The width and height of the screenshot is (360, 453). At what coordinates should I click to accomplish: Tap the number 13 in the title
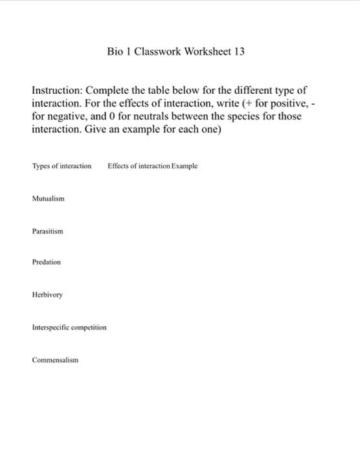(239, 51)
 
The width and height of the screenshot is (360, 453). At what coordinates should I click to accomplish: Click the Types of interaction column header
(62, 166)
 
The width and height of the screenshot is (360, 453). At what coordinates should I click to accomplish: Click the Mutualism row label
(48, 199)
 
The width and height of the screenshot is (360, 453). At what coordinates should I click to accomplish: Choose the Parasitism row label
(47, 231)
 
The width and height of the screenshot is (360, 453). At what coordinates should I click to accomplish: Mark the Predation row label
(46, 262)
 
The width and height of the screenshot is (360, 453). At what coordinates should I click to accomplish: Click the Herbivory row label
(47, 295)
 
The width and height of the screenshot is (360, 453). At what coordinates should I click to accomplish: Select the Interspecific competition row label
(69, 327)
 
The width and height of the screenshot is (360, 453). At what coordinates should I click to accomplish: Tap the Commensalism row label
(55, 360)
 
